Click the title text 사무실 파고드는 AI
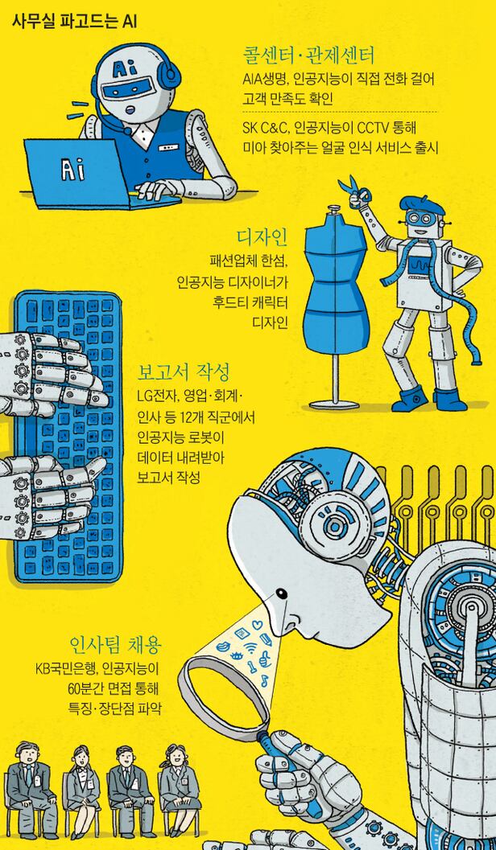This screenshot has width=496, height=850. pos(74,23)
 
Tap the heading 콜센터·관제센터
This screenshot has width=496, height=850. pos(308,55)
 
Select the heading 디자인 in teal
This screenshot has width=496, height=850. pos(262,237)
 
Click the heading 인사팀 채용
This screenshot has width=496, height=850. pos(116,645)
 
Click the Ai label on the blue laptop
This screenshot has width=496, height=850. pos(72,170)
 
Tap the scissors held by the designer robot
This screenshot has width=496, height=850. pos(353,191)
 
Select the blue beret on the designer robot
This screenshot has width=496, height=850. pos(421,205)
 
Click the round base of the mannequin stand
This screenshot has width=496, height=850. pos(333,404)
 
